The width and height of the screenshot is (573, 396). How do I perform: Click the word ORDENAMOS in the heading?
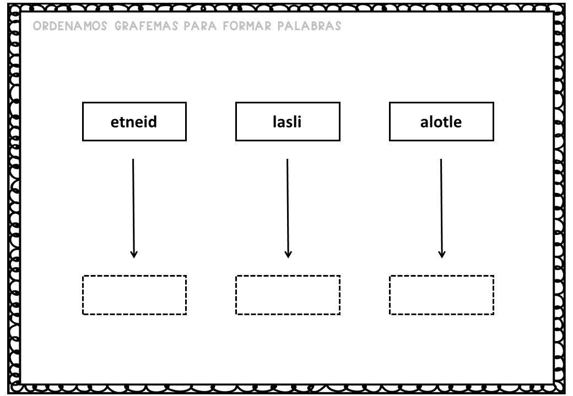click(x=70, y=26)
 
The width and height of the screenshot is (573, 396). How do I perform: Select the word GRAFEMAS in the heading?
click(x=146, y=26)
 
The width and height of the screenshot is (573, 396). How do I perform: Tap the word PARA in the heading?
click(x=200, y=26)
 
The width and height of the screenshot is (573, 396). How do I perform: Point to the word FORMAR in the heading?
click(x=247, y=26)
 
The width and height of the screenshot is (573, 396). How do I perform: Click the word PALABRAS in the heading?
click(x=309, y=26)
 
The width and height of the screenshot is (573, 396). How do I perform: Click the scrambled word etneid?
click(x=134, y=122)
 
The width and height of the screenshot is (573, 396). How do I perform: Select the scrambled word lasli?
click(x=287, y=122)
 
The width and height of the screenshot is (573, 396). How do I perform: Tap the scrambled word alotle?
click(x=441, y=122)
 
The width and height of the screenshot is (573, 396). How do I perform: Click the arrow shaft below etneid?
click(x=133, y=208)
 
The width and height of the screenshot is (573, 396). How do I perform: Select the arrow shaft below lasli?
click(x=288, y=208)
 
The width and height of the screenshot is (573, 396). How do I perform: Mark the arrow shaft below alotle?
click(x=441, y=208)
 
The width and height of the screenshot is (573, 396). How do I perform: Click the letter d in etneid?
click(x=153, y=122)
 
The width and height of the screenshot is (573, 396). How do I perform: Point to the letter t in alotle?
click(x=446, y=123)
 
